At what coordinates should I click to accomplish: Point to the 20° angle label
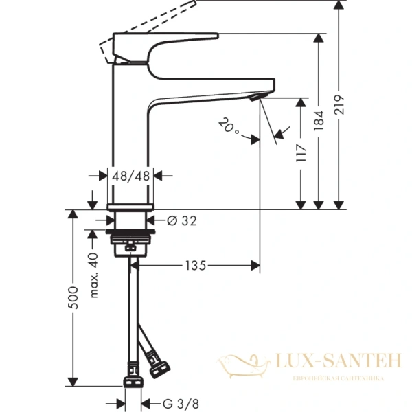point(228,126)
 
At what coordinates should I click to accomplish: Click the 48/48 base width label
point(131,175)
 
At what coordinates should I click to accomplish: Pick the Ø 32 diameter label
point(182,220)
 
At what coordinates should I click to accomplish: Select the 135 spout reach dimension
point(196,265)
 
